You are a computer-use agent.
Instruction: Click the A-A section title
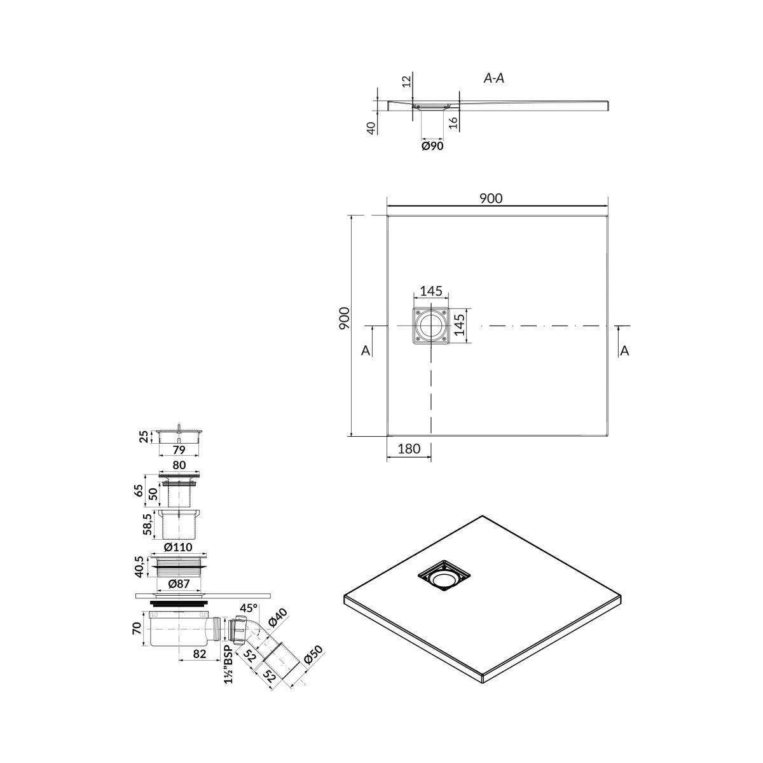tap(494, 78)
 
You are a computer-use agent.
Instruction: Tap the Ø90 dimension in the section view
tap(432, 146)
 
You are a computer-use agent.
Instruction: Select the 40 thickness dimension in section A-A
tap(371, 128)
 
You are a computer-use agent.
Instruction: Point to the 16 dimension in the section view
tap(454, 122)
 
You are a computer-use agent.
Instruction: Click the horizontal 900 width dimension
tap(491, 198)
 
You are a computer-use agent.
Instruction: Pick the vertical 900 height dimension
tap(345, 318)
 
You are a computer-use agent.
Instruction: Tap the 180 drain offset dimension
tap(409, 449)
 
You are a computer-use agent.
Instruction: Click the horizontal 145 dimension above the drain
tap(431, 291)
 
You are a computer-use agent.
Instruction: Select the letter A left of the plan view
tap(366, 350)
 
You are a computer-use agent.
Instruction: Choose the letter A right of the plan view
tap(624, 350)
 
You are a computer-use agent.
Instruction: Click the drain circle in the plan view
tap(431, 326)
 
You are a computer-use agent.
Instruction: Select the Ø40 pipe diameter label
tap(277, 617)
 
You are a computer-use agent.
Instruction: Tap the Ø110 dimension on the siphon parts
tap(178, 547)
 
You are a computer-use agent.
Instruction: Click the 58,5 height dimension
tap(147, 525)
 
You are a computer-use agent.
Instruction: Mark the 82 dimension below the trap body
tap(200, 654)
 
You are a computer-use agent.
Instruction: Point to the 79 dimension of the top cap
tap(179, 450)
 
